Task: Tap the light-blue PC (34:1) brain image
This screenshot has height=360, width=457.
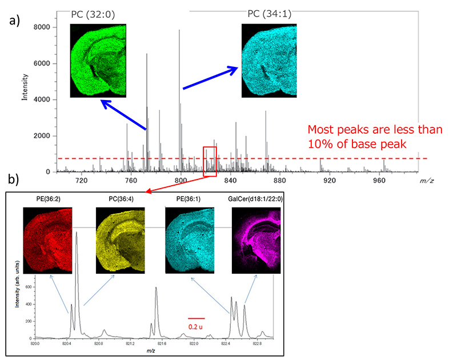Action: click(x=269, y=60)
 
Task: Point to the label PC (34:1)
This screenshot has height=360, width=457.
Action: click(x=269, y=14)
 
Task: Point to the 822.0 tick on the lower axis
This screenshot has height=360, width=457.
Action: click(x=194, y=343)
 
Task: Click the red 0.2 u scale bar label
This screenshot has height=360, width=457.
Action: click(x=195, y=326)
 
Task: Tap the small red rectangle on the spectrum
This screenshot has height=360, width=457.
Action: click(x=210, y=161)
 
